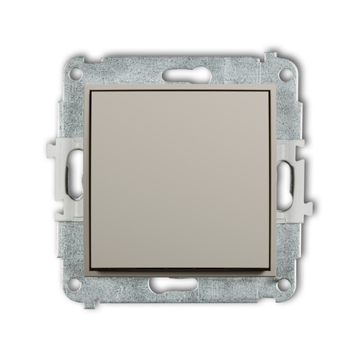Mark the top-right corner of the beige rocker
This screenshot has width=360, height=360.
tap(270, 90)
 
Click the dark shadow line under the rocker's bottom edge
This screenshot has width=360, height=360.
tap(180, 269)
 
